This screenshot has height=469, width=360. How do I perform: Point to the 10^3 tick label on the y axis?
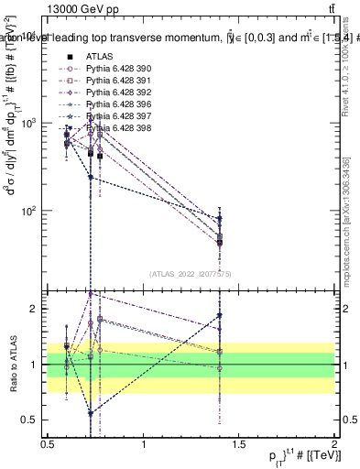tap(30, 123)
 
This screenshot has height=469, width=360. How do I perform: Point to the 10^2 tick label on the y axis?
tap(30, 211)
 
